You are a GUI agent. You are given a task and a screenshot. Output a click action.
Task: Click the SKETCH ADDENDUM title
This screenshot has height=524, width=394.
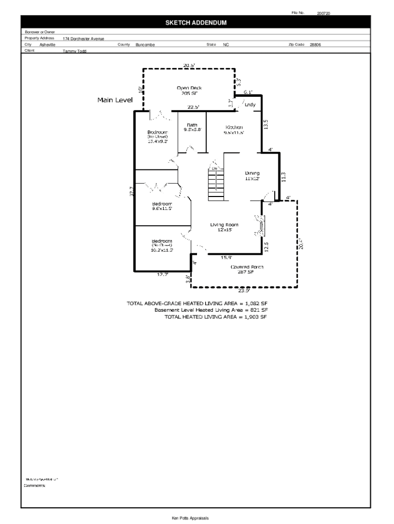click(195, 23)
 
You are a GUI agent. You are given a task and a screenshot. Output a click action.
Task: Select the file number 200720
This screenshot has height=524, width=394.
click(323, 13)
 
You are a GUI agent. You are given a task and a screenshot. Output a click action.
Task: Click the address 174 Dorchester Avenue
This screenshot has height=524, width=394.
click(83, 39)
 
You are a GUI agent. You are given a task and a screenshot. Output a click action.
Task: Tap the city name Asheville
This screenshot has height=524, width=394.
click(48, 45)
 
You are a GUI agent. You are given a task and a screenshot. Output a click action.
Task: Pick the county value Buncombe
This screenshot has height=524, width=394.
click(145, 45)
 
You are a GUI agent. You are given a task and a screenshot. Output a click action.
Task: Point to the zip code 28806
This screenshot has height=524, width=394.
click(315, 45)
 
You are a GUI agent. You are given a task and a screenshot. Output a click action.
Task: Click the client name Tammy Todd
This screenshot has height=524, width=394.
click(74, 51)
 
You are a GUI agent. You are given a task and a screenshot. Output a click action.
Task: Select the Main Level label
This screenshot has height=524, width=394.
click(115, 100)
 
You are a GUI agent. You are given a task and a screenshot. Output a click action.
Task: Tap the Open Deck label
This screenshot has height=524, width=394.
click(189, 88)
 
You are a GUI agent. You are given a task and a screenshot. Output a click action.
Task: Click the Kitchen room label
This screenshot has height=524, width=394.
click(234, 127)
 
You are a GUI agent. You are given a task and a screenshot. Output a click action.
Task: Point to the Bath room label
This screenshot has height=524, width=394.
click(192, 125)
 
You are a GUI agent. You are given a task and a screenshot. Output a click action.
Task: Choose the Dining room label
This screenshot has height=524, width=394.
click(252, 173)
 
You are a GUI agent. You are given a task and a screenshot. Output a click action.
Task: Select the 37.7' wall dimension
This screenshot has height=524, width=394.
click(132, 191)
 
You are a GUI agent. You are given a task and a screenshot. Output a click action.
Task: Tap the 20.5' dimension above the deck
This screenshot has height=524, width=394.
click(189, 65)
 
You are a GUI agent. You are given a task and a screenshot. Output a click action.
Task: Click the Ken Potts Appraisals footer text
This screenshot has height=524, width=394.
click(190, 518)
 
